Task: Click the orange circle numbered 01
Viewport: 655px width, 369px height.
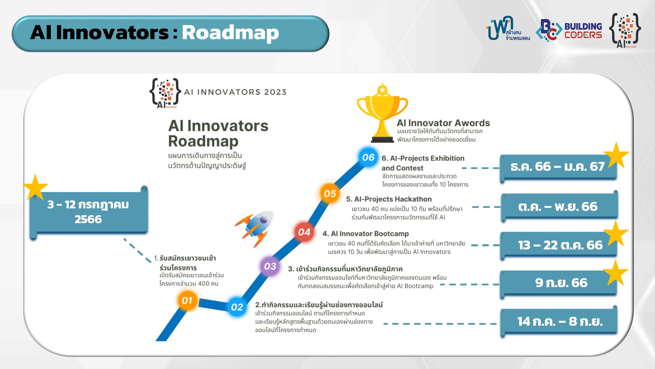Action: point(187,301)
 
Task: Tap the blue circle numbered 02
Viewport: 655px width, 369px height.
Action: point(237,307)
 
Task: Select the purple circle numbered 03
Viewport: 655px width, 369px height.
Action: point(270,266)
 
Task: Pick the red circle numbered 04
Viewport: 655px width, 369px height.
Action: point(304,232)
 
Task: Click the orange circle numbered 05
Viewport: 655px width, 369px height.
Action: point(330,194)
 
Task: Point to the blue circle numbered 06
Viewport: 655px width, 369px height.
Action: point(368,157)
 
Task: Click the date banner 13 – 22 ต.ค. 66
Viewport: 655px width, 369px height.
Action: point(558,245)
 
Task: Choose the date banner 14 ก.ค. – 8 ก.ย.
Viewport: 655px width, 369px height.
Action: point(559,321)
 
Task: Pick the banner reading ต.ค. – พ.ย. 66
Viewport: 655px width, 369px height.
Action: point(559,206)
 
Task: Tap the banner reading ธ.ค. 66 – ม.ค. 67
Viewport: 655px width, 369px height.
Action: point(558,167)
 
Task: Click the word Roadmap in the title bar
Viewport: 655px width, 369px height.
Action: point(230,33)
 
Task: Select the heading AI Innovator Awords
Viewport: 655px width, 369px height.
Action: point(443,123)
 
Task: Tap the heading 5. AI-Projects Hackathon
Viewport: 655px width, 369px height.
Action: point(389,199)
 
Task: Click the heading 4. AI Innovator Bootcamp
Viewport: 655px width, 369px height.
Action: point(366,234)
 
